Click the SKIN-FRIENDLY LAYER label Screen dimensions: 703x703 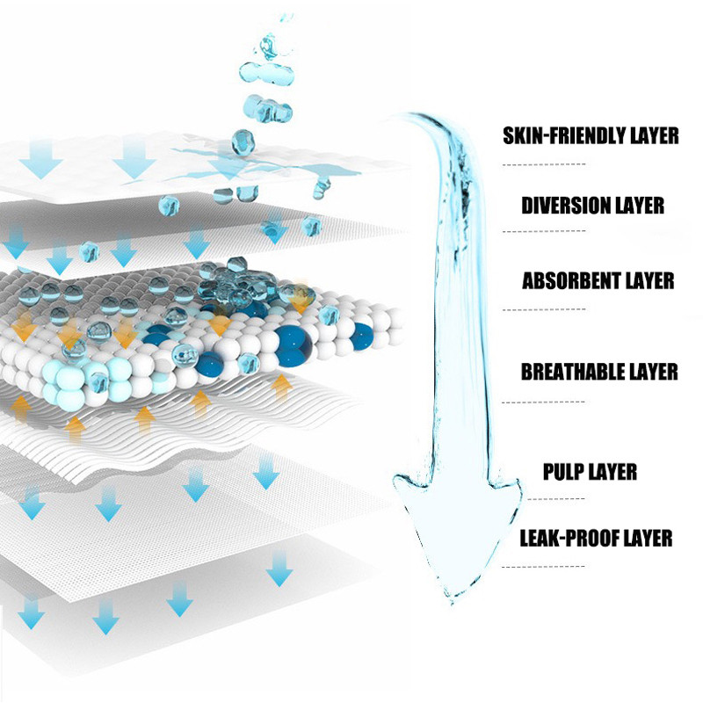(x=591, y=135)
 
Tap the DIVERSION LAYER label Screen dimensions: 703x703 (x=592, y=207)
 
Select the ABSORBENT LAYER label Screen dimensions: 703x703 (x=598, y=281)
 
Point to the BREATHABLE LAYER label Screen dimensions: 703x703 (x=599, y=372)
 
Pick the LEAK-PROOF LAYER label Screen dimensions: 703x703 (x=596, y=537)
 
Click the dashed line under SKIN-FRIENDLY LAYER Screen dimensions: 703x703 (x=544, y=164)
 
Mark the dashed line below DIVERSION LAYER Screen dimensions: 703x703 (x=544, y=231)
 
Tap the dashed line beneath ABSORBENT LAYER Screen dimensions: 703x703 (x=544, y=309)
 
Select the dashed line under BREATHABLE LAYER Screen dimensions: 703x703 (x=544, y=402)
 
